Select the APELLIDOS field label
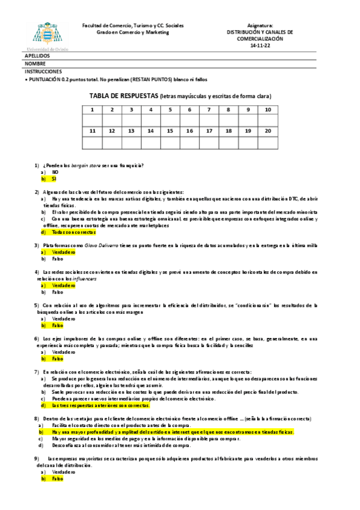37,56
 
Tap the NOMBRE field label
35,63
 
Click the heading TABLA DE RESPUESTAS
123,96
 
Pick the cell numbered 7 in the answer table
209,109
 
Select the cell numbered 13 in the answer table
131,131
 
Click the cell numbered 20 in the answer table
267,131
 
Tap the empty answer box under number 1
92,120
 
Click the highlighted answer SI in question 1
53,179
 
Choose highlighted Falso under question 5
57,325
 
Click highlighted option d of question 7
100,405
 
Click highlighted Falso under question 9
57,479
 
